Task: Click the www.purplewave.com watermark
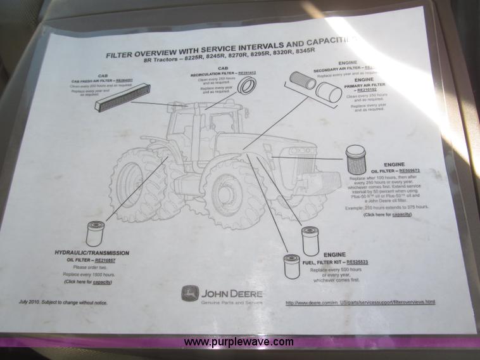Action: (239, 342)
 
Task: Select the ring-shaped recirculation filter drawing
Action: (246, 86)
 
